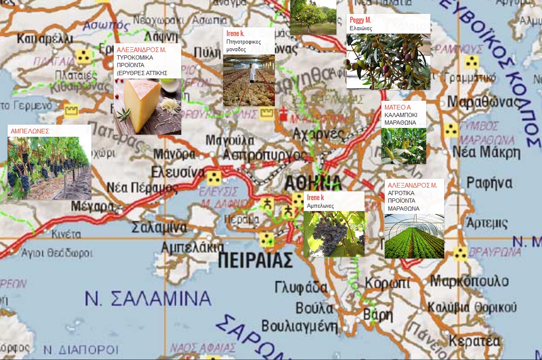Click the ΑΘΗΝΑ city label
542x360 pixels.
(313, 183)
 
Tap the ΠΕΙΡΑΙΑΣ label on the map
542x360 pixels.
(255, 260)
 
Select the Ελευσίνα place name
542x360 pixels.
(178, 172)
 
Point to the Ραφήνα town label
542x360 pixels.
(489, 183)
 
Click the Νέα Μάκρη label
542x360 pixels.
(486, 152)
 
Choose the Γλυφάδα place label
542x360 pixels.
(301, 287)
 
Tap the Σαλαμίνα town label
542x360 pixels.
(159, 227)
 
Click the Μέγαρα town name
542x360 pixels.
(92, 206)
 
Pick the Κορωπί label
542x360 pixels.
(387, 283)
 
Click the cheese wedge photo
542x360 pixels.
(147, 107)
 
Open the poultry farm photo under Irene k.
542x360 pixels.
(249, 81)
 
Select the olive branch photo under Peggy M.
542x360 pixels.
(388, 61)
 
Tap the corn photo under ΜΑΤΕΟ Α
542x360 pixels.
(404, 146)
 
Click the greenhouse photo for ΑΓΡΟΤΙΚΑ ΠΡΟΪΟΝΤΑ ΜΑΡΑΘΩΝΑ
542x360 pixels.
(414, 236)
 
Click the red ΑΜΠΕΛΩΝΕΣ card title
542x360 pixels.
(30, 131)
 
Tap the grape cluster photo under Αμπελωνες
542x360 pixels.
(334, 234)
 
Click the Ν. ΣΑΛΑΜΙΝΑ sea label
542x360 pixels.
(148, 298)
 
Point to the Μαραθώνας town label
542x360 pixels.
(483, 102)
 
